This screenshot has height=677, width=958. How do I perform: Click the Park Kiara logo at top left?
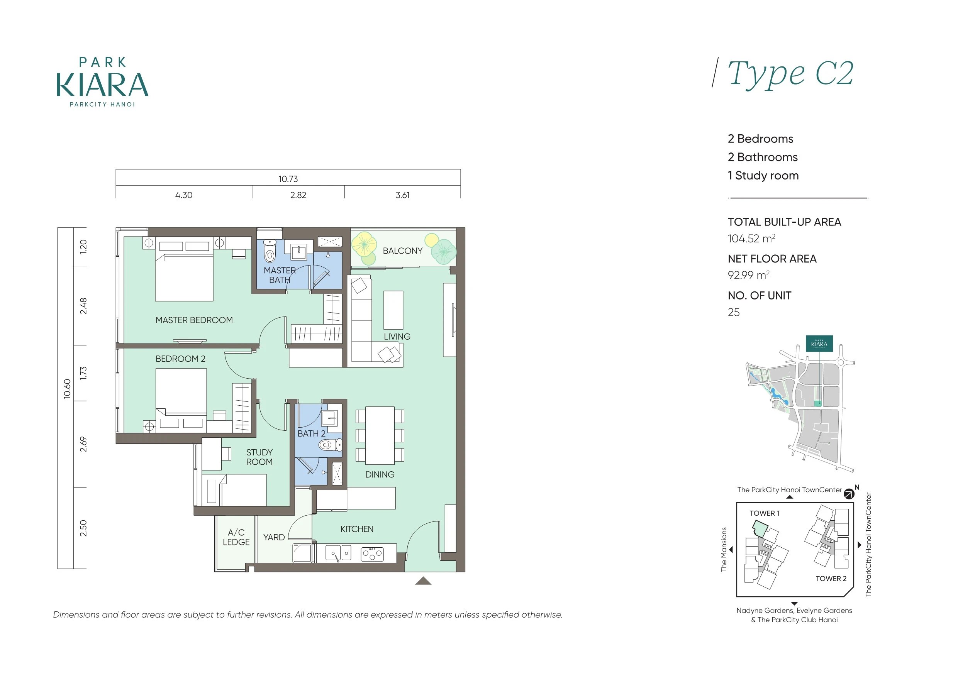[x=103, y=82]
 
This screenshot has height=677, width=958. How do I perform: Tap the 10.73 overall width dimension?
[x=288, y=179]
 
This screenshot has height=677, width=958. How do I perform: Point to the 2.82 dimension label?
[x=298, y=195]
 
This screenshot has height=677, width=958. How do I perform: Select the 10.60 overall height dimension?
[x=67, y=389]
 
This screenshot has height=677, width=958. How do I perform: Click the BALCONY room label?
[x=403, y=251]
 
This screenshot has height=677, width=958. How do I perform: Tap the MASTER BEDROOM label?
[x=194, y=320]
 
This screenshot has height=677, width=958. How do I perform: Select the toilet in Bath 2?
[x=330, y=445]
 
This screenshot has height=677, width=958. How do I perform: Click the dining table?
[x=380, y=435]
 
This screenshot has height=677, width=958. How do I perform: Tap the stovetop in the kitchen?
[x=372, y=553]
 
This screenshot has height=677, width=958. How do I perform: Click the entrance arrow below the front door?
[x=423, y=580]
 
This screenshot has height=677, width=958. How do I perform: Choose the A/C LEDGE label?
[x=236, y=537]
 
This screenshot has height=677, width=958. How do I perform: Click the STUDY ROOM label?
[x=259, y=457]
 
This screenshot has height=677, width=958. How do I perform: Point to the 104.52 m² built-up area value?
[x=751, y=239]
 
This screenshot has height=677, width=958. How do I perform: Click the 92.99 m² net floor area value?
[x=749, y=275]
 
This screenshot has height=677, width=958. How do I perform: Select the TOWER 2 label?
[x=831, y=579]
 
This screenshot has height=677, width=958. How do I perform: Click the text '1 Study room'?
[x=763, y=176]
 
